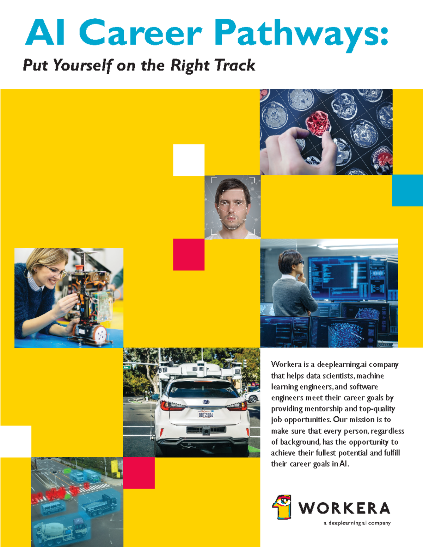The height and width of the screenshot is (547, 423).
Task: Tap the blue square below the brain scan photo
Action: (407, 190)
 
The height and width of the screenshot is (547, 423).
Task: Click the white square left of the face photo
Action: (189, 160)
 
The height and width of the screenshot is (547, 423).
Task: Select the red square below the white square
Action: (189, 254)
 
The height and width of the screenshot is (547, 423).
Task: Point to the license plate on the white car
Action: (206, 415)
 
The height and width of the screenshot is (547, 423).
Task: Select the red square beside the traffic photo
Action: (139, 473)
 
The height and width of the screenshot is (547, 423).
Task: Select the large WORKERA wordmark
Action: (344, 508)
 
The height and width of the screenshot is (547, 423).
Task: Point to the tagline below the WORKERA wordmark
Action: (357, 523)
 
